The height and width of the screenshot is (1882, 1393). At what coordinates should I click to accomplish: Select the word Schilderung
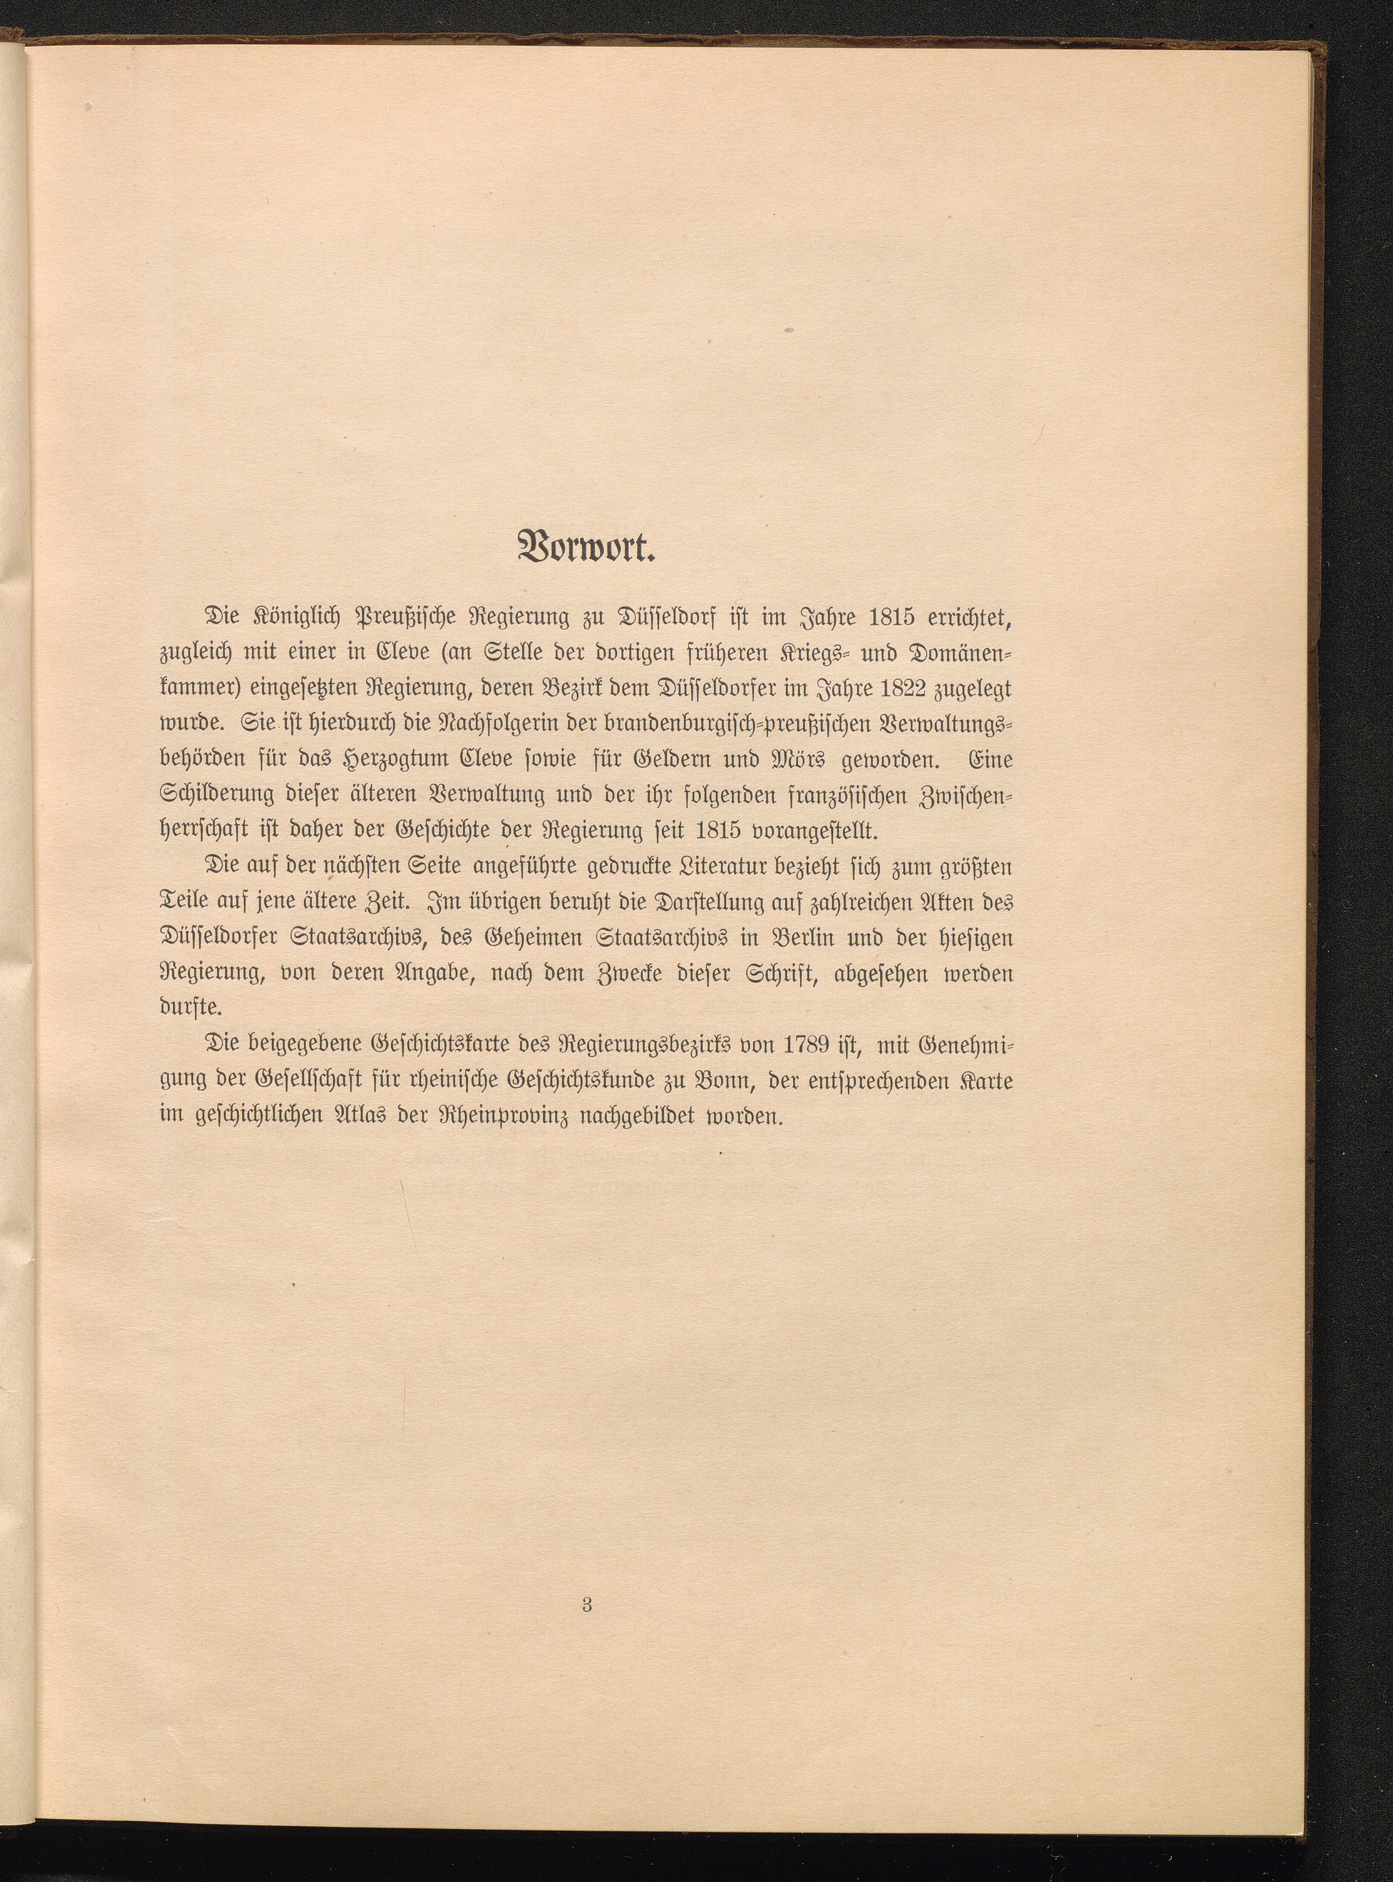(x=216, y=795)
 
